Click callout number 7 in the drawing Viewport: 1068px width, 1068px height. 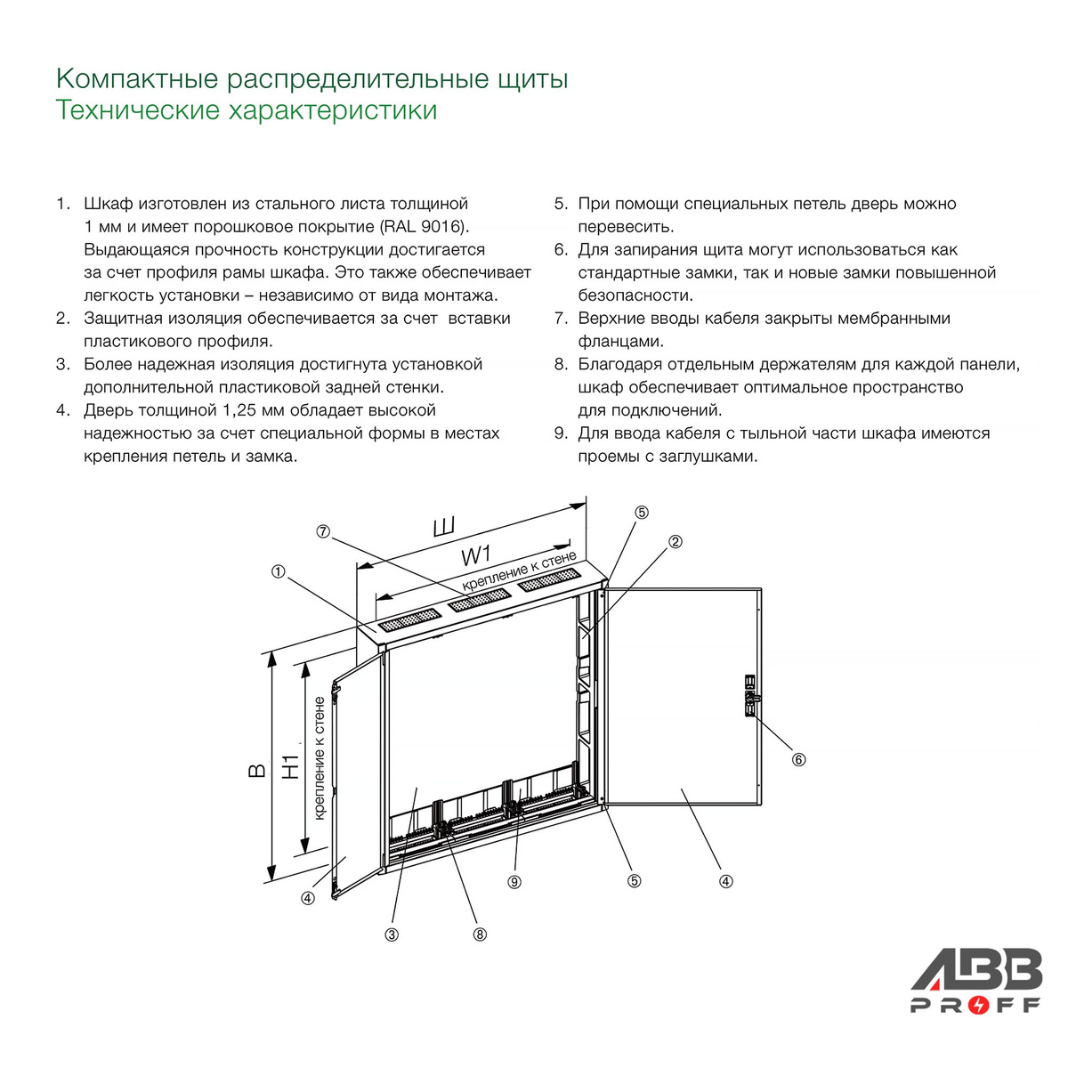coord(322,531)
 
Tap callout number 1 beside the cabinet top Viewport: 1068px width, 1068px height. coord(279,571)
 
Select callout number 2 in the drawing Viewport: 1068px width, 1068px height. coord(675,541)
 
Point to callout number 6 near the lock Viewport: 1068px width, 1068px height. coord(798,760)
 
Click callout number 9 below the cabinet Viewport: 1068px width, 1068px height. coord(514,882)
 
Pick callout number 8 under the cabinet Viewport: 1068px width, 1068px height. coord(480,935)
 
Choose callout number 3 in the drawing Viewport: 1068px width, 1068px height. coord(392,935)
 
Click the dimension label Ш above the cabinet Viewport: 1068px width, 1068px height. coord(444,527)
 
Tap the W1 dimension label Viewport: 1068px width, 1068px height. coord(476,555)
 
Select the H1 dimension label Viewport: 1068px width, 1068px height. coord(291,766)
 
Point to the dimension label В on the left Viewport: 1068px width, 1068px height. coord(257,771)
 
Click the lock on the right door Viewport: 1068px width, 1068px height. coord(750,697)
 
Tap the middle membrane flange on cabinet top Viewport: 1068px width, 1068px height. coord(480,601)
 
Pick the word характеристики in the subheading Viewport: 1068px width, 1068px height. coord(333,110)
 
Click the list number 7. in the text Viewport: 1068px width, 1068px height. coord(562,318)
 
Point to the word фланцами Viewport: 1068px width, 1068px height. coord(620,342)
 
